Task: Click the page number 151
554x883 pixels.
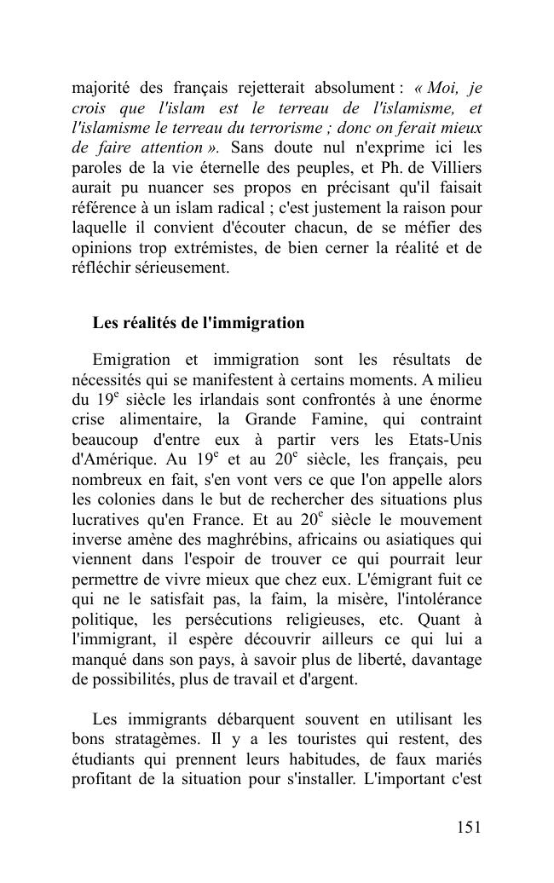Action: (469, 827)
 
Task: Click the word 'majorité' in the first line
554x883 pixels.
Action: (95, 89)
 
